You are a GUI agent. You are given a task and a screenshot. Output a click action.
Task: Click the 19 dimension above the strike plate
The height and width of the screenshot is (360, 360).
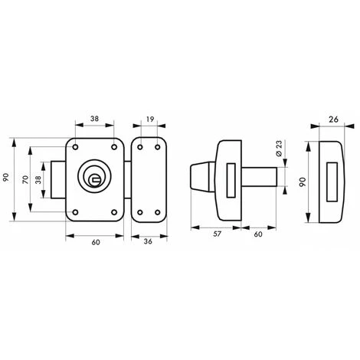pyautogui.click(x=150, y=119)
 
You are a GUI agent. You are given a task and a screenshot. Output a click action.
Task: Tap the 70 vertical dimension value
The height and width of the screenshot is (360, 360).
pyautogui.click(x=25, y=179)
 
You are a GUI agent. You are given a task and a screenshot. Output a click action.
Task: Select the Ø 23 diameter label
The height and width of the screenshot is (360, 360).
pyautogui.click(x=279, y=149)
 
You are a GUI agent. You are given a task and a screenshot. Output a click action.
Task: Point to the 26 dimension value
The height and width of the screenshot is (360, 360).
pyautogui.click(x=333, y=119)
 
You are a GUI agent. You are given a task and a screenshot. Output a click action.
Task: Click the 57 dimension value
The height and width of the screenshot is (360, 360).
pyautogui.click(x=217, y=234)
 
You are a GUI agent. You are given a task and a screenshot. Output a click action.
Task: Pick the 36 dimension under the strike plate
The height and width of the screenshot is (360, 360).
pyautogui.click(x=148, y=241)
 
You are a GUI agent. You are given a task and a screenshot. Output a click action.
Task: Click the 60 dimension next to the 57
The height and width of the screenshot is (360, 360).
pyautogui.click(x=258, y=234)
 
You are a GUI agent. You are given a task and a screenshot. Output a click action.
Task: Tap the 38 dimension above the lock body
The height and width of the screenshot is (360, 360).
pyautogui.click(x=95, y=119)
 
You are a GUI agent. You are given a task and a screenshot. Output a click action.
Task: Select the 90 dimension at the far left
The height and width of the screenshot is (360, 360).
pyautogui.click(x=6, y=178)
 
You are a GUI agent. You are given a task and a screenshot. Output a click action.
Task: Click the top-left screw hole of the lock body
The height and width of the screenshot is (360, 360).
pyautogui.click(x=75, y=147)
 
